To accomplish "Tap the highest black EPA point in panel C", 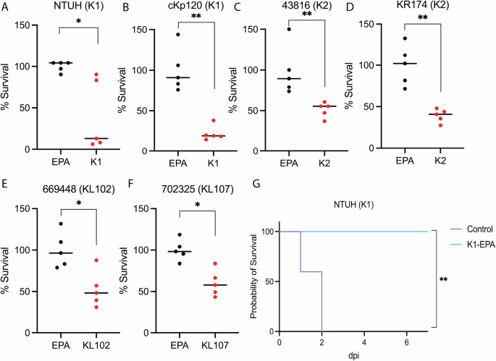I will point(289,29).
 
